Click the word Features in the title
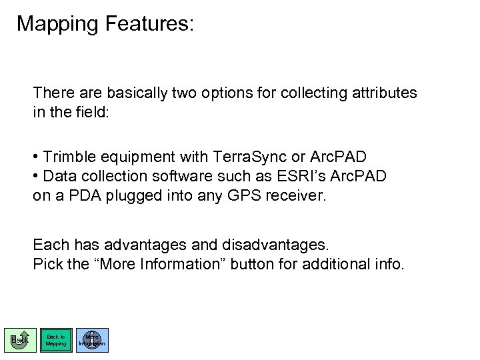(149, 25)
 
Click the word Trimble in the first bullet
(70, 157)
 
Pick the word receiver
(305, 197)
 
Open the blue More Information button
(92, 340)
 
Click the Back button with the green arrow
(21, 340)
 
